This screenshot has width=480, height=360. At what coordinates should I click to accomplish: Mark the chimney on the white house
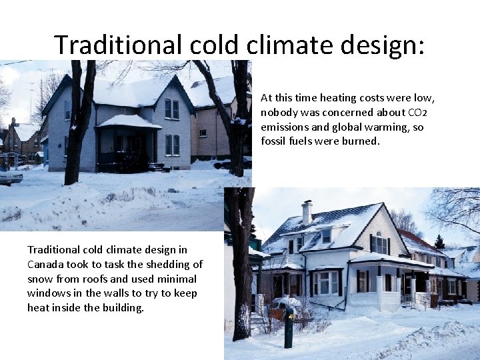pos(306,213)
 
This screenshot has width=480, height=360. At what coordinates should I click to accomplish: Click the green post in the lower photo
pos(289,329)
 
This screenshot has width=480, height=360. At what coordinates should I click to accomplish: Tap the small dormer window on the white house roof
pos(326,235)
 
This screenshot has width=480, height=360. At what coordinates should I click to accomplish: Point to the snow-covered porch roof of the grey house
pos(129,122)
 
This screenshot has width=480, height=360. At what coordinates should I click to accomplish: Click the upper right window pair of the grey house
pos(171,109)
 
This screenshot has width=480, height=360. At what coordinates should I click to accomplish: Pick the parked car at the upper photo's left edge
pos(10,177)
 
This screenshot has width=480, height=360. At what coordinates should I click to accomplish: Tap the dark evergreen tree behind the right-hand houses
pos(439,241)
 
